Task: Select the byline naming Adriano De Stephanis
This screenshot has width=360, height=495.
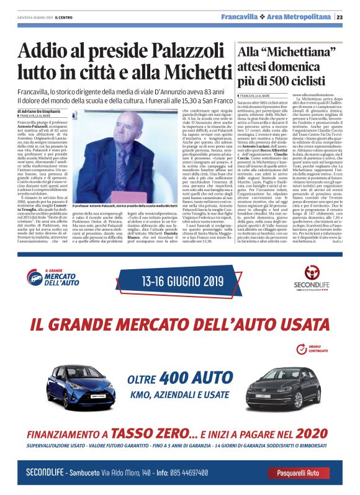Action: point(45,110)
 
